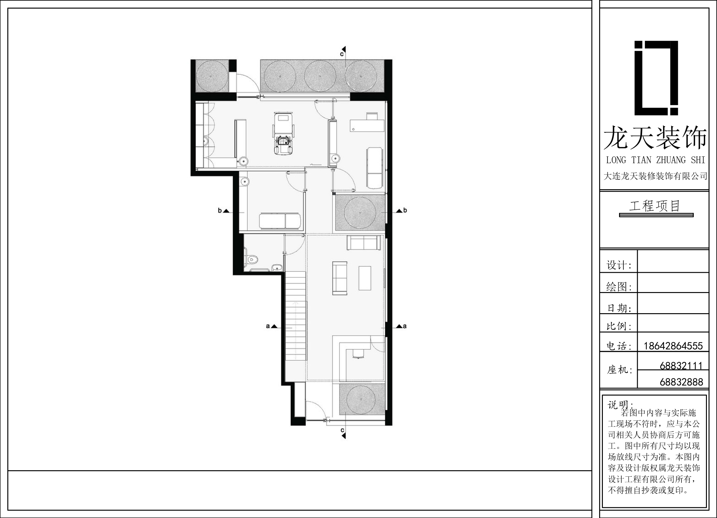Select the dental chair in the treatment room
coord(284,135)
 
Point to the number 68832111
coord(681,366)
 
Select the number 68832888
coord(681,382)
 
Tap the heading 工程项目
coord(655,206)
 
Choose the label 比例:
coord(619,326)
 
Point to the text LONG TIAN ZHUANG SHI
coord(655,160)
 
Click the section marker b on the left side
coord(223,211)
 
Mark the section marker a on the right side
coord(401,326)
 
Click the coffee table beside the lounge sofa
coord(364,278)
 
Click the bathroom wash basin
coord(277,268)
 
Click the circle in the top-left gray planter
coord(211,76)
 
